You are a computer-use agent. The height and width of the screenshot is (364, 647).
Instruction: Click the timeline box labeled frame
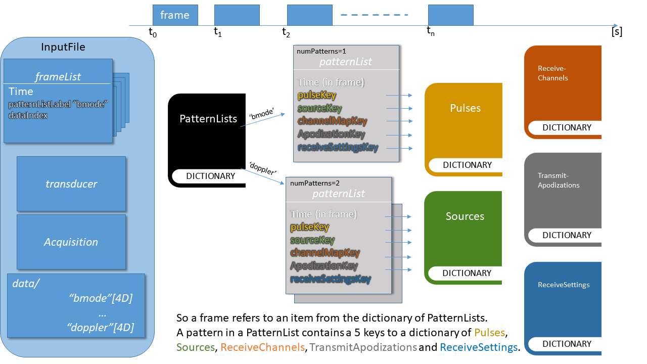click(x=175, y=15)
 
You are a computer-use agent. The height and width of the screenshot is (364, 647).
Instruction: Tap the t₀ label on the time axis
click(x=153, y=32)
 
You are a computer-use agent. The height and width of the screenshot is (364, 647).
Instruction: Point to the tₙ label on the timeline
click(x=431, y=32)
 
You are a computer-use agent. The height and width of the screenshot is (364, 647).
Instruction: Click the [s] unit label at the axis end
click(x=617, y=32)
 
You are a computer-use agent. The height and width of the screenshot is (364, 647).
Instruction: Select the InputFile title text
click(x=63, y=48)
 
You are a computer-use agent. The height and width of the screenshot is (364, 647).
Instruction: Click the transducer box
click(x=71, y=184)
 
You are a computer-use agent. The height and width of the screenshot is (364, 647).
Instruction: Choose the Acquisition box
click(x=71, y=242)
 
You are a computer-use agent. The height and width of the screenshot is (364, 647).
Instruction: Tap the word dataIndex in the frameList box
click(x=28, y=115)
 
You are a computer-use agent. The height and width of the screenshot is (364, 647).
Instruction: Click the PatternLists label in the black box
click(x=208, y=119)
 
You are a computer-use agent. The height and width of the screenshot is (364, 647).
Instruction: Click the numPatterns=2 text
click(x=311, y=183)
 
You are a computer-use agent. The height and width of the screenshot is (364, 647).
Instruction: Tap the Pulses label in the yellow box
click(x=465, y=108)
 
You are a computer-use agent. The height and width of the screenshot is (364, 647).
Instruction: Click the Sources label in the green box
click(x=465, y=216)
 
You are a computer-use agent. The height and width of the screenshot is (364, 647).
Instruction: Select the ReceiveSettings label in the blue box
click(x=564, y=285)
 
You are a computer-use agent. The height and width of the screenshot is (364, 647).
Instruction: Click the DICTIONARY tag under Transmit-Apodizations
click(x=567, y=235)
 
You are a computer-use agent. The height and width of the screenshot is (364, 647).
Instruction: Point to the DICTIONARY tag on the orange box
click(x=567, y=127)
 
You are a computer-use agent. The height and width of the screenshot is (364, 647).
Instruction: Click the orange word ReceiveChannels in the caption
click(x=263, y=347)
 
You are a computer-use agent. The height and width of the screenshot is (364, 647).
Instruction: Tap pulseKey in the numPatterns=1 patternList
click(x=317, y=95)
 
